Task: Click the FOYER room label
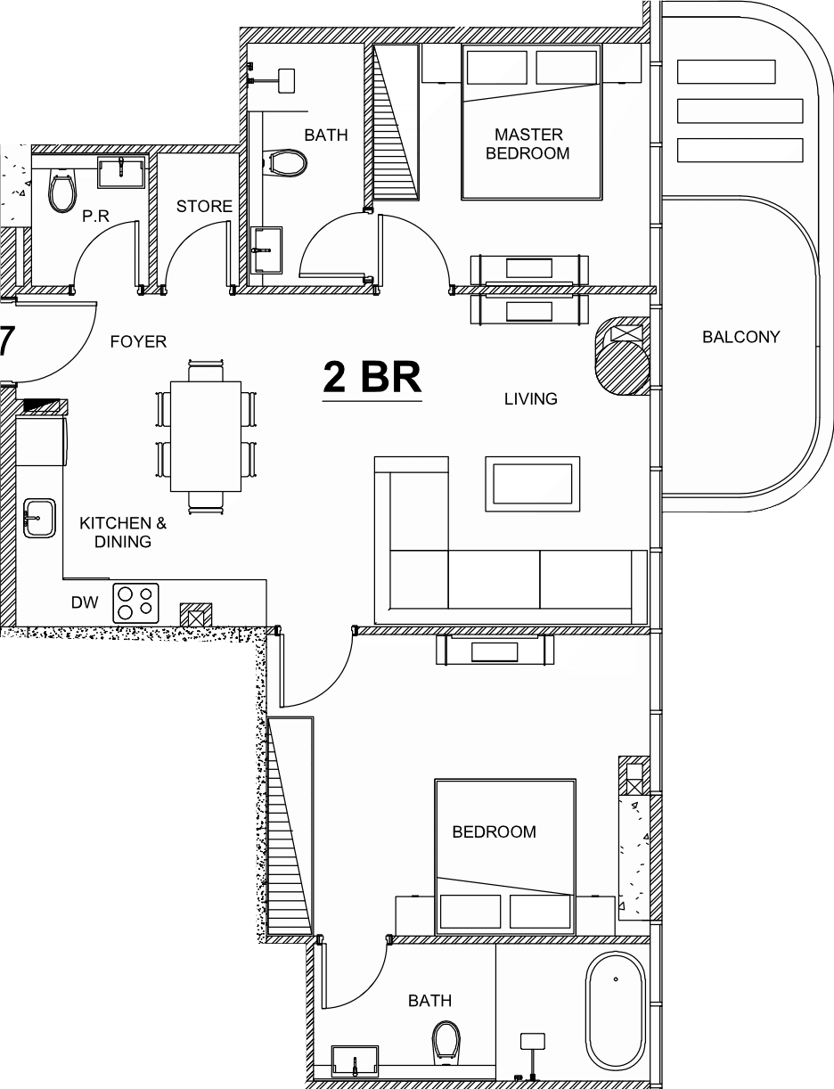(138, 342)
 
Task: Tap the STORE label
(204, 207)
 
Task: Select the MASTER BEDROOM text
(528, 143)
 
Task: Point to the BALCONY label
(741, 337)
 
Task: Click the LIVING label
(531, 399)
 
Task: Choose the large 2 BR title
(372, 378)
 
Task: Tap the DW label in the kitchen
(85, 602)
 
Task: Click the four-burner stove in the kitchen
(135, 603)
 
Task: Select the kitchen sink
(39, 518)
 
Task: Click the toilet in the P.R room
(62, 191)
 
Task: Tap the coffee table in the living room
(533, 484)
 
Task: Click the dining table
(205, 436)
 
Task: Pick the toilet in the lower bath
(446, 1043)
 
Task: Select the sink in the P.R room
(121, 172)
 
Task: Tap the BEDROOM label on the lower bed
(494, 832)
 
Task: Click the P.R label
(95, 216)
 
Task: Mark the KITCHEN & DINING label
(123, 532)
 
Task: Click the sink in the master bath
(266, 250)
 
